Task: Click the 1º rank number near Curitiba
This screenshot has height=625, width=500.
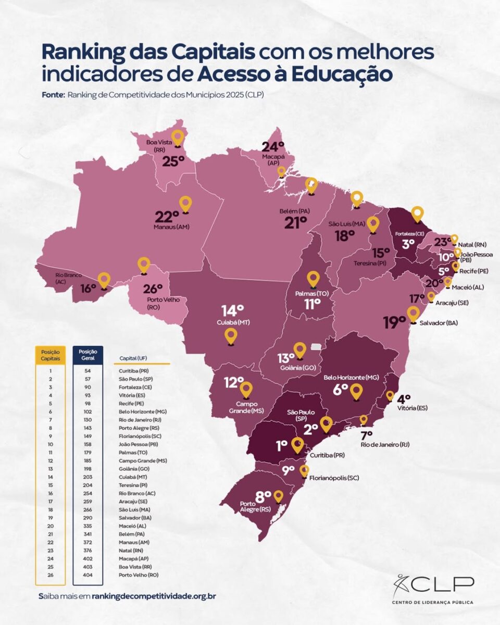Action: point(282,446)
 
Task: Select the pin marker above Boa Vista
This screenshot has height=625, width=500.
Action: point(178,138)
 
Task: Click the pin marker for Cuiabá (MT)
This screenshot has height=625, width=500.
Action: point(231,336)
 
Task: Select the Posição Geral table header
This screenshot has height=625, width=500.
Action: point(88,355)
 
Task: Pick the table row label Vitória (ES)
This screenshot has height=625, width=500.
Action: point(131,395)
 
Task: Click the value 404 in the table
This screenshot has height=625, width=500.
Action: point(88,574)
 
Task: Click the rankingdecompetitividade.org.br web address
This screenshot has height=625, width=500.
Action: point(154,596)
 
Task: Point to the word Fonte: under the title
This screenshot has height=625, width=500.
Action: point(53,95)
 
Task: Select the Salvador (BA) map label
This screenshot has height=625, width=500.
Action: point(440,323)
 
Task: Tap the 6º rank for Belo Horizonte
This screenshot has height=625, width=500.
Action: point(341,390)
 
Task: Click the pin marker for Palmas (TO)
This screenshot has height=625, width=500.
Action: point(312,280)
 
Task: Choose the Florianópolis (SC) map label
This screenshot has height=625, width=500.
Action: point(334,478)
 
